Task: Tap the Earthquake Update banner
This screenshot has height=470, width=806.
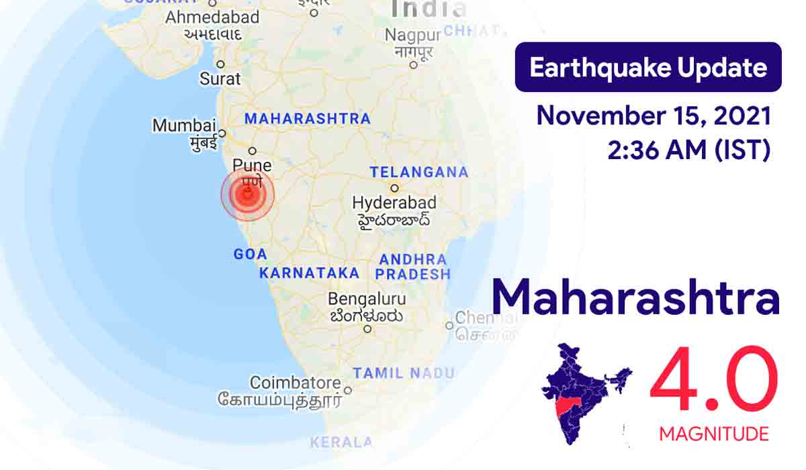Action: coord(647,67)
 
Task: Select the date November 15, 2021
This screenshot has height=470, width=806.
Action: coord(653,116)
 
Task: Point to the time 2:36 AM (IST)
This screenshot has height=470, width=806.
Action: coord(688,150)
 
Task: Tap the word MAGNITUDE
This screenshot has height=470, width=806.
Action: coord(713,434)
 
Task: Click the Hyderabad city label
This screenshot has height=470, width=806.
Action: coord(394,202)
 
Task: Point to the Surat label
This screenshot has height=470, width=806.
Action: coord(220,79)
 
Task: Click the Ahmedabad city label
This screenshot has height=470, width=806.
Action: coord(212,17)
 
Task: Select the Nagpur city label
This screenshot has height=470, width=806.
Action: coord(412,35)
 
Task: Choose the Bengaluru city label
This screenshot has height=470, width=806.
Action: coord(367,299)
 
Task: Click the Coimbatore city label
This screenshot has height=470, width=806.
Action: coord(295,383)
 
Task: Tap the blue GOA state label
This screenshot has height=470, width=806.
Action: coord(250,254)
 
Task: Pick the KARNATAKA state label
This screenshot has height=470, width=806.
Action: coord(309,273)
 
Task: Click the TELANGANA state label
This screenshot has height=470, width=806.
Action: coord(418,172)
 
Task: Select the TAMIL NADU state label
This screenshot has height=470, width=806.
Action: coord(404,373)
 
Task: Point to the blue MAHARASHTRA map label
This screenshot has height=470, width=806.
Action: coord(307,119)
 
